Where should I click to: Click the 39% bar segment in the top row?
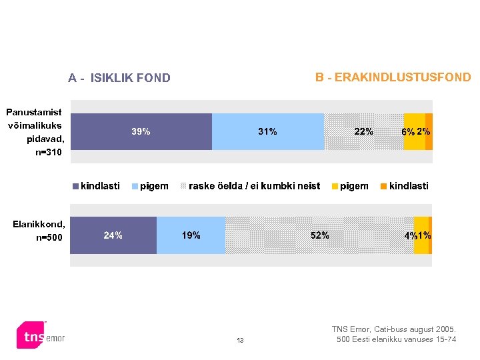point(141,131)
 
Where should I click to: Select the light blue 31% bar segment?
point(268,131)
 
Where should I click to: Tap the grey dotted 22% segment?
point(364,131)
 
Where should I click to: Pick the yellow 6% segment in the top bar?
point(414,131)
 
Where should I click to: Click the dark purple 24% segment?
point(113,235)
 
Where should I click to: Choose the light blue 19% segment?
point(191,235)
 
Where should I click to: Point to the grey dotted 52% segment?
point(319,235)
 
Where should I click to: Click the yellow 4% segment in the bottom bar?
point(421,235)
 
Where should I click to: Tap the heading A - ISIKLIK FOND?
point(119,78)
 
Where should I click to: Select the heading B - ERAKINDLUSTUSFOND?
point(393,77)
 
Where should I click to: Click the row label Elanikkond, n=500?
point(39,230)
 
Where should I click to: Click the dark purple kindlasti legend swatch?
point(76,187)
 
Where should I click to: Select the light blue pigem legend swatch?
point(135,187)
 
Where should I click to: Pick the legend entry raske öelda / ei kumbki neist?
point(254,186)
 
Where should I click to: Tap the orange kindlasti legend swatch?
point(384,187)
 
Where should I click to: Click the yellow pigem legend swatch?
point(335,187)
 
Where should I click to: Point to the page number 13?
point(240,341)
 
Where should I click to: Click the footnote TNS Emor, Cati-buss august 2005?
point(394,329)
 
